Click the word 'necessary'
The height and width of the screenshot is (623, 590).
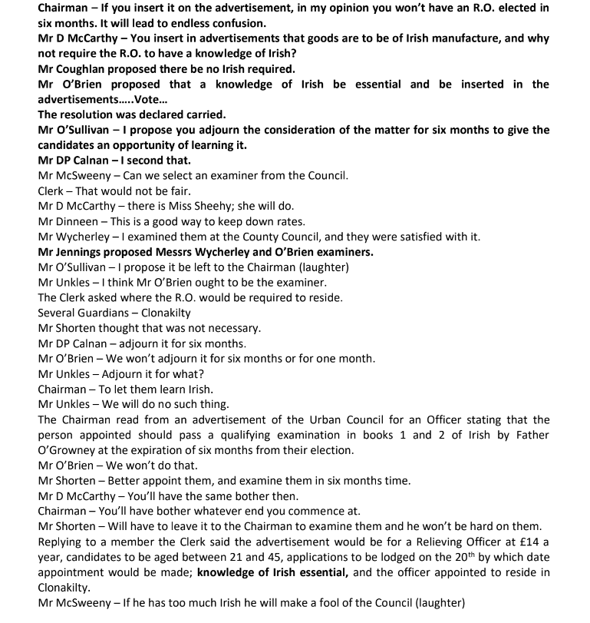pyautogui.click(x=229, y=328)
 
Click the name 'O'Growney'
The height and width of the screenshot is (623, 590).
pyautogui.click(x=70, y=450)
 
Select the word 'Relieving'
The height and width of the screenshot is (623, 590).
pyautogui.click(x=436, y=542)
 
